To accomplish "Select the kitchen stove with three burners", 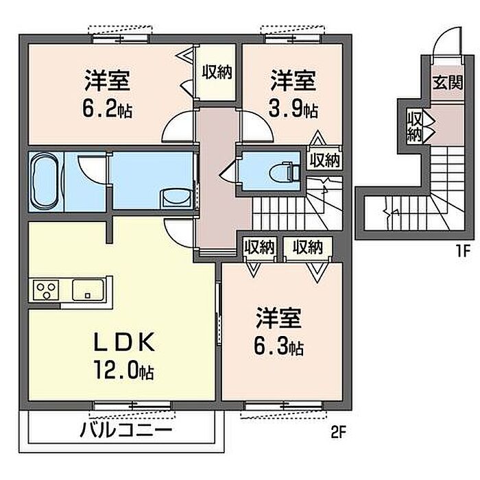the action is pos(46,289).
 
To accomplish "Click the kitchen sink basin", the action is pos(87,290).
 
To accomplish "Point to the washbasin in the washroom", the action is pos(177,199).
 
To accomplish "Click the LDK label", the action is pos(123,342).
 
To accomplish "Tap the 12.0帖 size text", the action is pos(124,370).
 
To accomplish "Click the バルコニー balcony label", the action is pos(125,431).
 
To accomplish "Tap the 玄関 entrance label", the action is pos(448,82).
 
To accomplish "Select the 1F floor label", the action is pos(463,252).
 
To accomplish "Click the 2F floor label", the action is pos(338,432).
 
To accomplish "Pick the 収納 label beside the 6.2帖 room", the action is pos(217,72).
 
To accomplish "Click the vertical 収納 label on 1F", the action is pos(415,126).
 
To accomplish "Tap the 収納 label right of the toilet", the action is pos(324,160).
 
